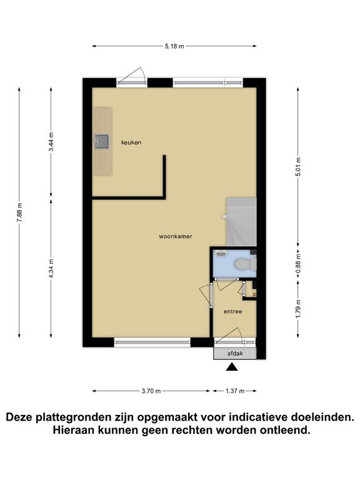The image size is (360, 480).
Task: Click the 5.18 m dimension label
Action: tap(174, 46)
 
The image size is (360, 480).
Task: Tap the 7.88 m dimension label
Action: tap(19, 212)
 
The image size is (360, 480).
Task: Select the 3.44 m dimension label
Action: tap(51, 142)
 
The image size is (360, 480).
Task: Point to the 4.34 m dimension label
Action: tap(51, 269)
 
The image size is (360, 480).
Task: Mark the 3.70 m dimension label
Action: tap(151, 391)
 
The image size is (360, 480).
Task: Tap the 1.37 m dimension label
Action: tap(235, 391)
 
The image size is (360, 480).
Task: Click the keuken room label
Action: tap(131, 142)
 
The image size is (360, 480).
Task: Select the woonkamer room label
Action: tap(176, 236)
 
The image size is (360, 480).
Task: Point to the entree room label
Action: tap(233, 312)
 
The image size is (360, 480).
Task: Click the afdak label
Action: tap(235, 353)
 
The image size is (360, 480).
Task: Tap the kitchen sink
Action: tap(102, 142)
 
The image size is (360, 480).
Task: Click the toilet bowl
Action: tap(245, 264)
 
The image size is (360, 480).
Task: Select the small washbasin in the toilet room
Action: tap(220, 253)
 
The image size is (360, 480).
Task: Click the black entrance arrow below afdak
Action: tap(232, 367)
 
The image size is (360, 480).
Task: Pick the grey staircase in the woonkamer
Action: tap(241, 222)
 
